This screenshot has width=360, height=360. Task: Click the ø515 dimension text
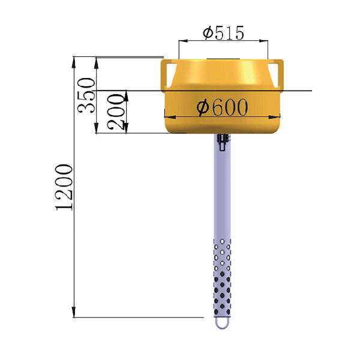tap(223, 33)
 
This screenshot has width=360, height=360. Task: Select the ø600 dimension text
tap(223, 107)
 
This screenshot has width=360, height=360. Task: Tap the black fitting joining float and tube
tap(223, 143)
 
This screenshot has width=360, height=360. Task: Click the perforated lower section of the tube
tap(222, 276)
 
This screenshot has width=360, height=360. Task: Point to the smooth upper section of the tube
tap(222, 192)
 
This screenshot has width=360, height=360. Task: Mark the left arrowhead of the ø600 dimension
tap(168, 116)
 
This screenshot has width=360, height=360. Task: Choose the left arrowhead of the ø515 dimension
tap(181, 41)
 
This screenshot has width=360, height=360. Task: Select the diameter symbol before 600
tap(202, 108)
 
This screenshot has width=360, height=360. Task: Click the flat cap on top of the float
tap(223, 60)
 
